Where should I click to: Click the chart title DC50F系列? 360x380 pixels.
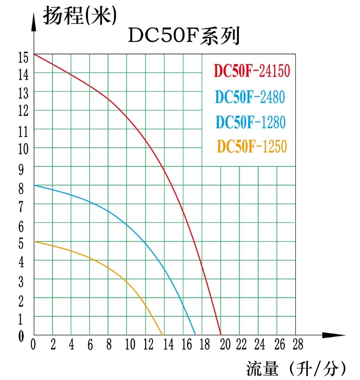coord(184,37)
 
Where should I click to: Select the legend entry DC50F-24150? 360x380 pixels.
coord(251,71)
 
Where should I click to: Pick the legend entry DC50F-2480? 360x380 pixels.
coord(250,97)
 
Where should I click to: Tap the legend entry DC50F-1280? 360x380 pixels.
coord(250,122)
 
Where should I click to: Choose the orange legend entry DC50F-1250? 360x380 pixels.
coord(252,146)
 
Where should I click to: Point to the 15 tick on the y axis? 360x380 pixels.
coord(23,57)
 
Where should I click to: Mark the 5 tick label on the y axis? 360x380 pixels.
coord(21,244)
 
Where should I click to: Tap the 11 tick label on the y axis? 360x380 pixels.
coord(23,131)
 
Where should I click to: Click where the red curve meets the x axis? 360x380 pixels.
coord(221,335)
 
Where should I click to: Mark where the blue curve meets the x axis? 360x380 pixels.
coord(195,335)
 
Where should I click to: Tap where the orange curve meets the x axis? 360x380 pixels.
coord(163,335)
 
